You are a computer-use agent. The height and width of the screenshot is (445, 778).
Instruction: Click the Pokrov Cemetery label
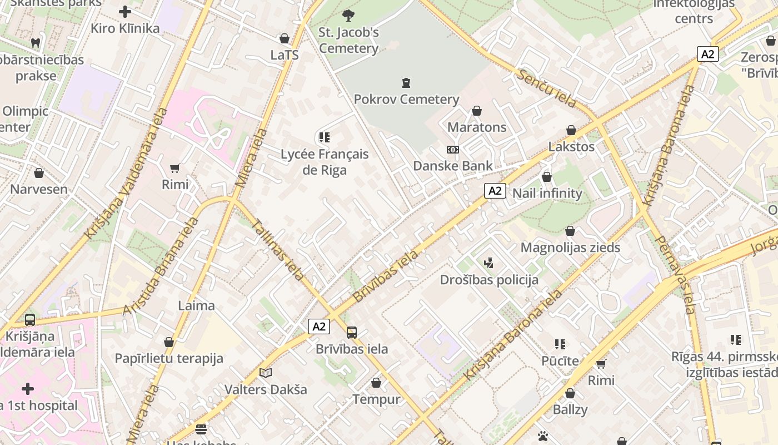[x=406, y=100]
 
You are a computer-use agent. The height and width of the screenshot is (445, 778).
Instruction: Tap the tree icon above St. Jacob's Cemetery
[x=348, y=15]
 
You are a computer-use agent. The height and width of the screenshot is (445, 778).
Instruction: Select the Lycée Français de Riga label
[x=325, y=162]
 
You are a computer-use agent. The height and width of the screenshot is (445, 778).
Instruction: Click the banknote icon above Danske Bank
[x=453, y=150]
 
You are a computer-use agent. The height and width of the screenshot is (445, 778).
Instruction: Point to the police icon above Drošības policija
[x=489, y=263]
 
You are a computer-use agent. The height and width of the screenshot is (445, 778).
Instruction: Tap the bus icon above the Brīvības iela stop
[x=352, y=333]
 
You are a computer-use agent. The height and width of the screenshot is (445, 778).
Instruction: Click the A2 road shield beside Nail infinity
[x=495, y=191]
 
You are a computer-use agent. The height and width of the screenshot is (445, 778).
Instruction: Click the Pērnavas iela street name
[x=676, y=275]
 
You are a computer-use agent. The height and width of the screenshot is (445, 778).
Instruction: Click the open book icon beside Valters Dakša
[x=266, y=373]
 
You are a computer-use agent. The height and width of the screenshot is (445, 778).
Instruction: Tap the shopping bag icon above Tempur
[x=376, y=383]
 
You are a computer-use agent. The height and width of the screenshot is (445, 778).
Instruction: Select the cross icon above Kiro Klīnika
[x=125, y=12]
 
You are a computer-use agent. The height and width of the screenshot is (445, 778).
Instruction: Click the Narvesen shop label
[x=39, y=189]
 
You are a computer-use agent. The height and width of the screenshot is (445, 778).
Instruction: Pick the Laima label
[x=196, y=305]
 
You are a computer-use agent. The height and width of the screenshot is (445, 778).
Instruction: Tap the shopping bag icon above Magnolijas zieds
[x=570, y=231]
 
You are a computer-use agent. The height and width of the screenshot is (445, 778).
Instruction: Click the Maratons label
[x=477, y=127]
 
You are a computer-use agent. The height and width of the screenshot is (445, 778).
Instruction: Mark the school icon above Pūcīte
[x=560, y=344]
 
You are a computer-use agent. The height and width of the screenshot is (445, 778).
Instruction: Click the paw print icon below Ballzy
[x=543, y=436]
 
